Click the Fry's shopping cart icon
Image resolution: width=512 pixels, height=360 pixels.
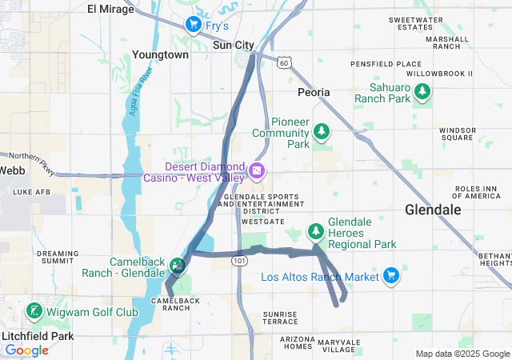point(193,26)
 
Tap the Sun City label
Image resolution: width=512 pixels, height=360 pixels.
point(234,46)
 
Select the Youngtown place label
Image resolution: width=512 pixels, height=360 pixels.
point(161,55)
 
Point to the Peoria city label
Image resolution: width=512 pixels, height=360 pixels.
point(313,92)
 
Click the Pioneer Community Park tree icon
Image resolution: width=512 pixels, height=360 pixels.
point(321,130)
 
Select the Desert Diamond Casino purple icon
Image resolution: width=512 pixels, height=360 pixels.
point(257,170)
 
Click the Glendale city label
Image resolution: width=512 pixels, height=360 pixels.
point(433,210)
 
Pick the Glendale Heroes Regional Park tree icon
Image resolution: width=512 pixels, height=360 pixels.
point(316,231)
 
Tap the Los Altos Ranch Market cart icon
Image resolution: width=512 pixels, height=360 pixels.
point(390,276)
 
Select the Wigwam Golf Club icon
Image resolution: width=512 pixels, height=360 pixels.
point(34,310)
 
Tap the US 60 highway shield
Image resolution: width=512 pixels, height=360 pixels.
point(285,62)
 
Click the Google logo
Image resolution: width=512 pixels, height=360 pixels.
point(27,350)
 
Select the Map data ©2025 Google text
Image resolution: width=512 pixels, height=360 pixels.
point(462,354)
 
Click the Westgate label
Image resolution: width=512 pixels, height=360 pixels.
point(262,221)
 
